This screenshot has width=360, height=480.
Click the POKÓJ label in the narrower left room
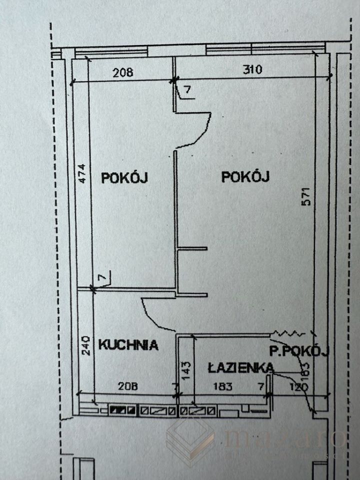(x=124, y=177)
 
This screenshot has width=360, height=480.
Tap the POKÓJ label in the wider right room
(x=245, y=177)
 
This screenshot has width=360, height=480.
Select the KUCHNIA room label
(x=128, y=344)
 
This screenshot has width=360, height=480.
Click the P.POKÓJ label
(x=298, y=351)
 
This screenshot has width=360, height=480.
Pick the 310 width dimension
(x=252, y=70)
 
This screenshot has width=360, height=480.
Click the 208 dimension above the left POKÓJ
(x=123, y=72)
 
